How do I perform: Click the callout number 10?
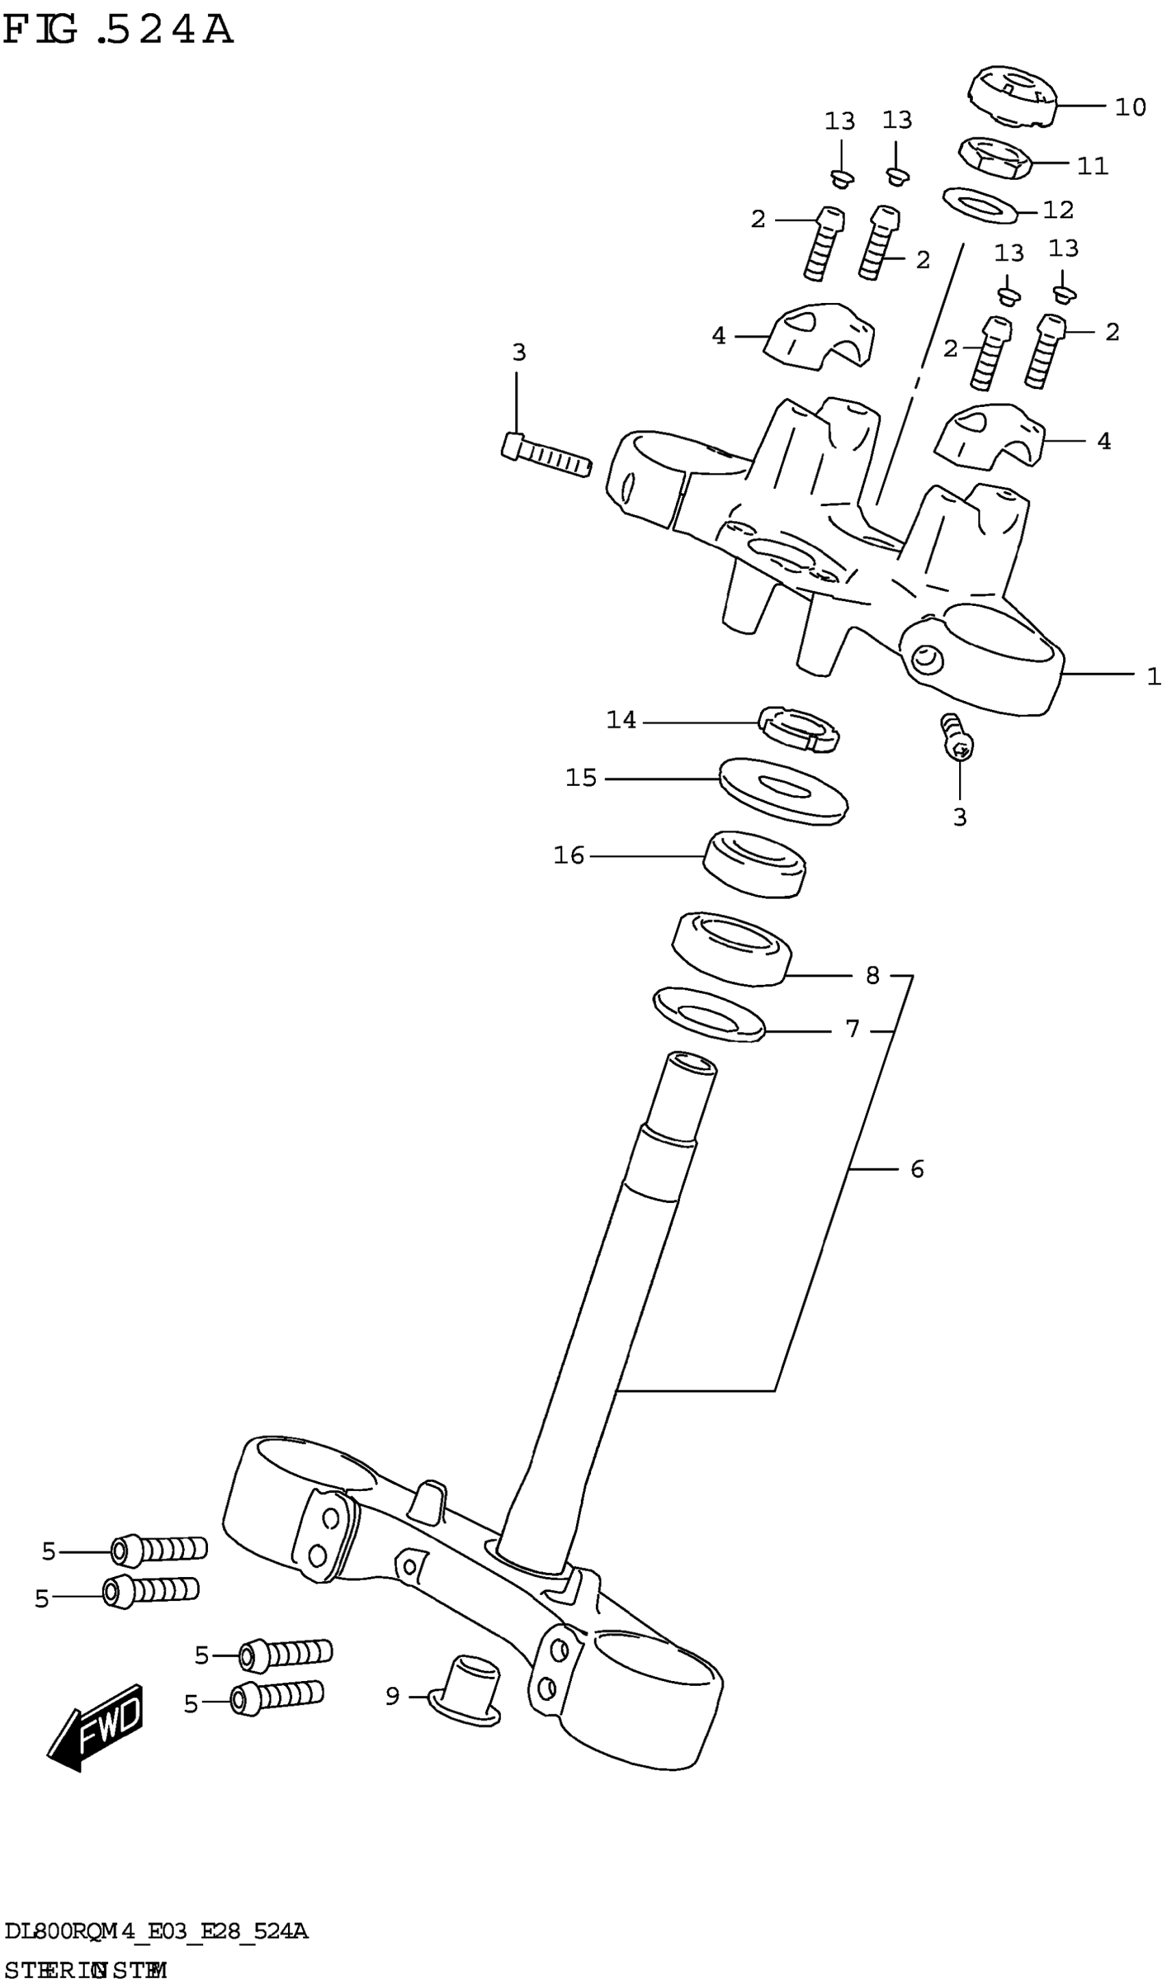coord(1130,107)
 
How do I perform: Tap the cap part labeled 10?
coord(1011,96)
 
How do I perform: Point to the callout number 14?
coord(620,719)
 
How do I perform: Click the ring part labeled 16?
coord(753,863)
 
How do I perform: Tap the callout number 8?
coord(872,975)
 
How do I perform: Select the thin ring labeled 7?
coord(709,1014)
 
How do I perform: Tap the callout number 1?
coord(1153,676)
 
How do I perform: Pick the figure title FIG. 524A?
coord(118,30)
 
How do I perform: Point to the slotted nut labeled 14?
coord(798,729)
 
